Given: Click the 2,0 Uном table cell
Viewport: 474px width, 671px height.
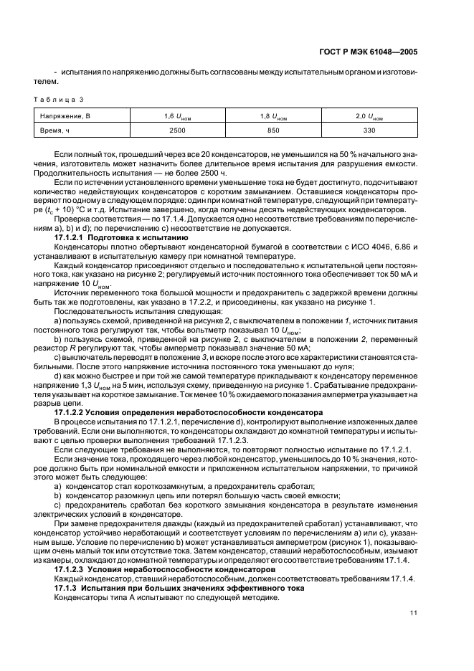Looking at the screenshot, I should [369, 115].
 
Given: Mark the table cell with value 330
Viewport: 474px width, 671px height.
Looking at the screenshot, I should [369, 130].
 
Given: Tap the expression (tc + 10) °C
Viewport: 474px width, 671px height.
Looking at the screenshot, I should [85, 211].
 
